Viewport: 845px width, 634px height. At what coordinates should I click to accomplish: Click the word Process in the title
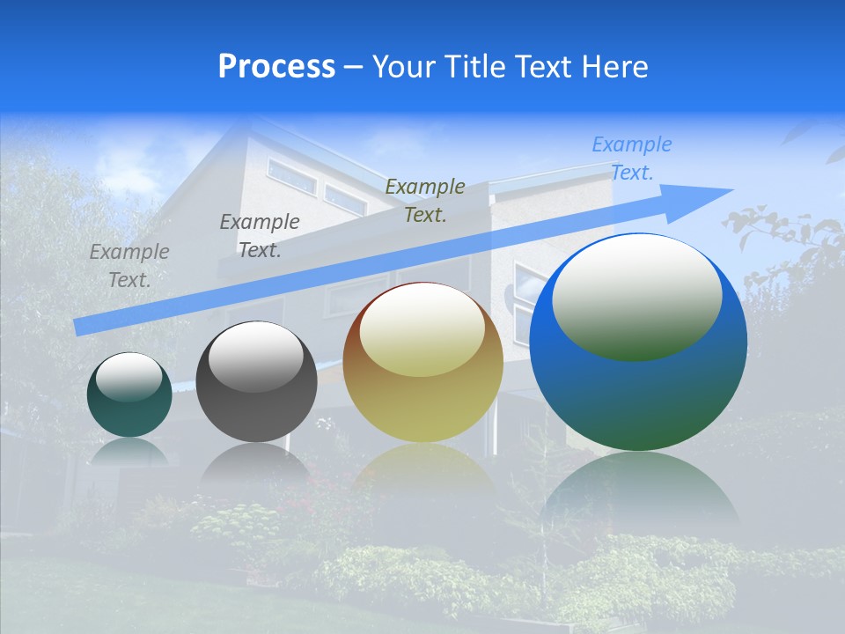276,67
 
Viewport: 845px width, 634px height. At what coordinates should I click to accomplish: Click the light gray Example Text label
129,266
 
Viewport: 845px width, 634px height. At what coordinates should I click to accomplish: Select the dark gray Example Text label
259,236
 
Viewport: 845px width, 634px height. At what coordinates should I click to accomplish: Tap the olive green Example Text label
425,201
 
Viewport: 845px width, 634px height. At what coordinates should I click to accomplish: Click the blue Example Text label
631,158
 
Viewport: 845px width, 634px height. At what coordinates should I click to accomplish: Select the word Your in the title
403,67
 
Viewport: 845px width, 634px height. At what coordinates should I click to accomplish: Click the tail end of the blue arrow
81,327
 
